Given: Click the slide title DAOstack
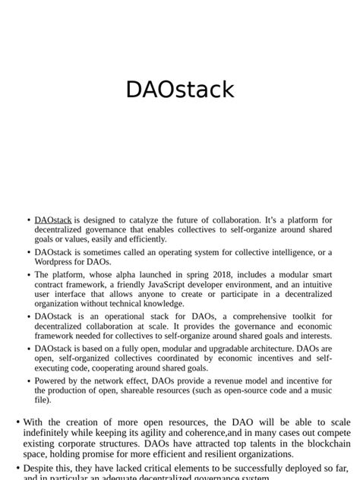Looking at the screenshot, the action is (180, 89).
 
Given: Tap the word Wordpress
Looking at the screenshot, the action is (55, 261).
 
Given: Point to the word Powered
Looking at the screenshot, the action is (52, 381).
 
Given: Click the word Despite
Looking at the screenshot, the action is (41, 469).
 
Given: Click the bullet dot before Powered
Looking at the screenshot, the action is (29, 381).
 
